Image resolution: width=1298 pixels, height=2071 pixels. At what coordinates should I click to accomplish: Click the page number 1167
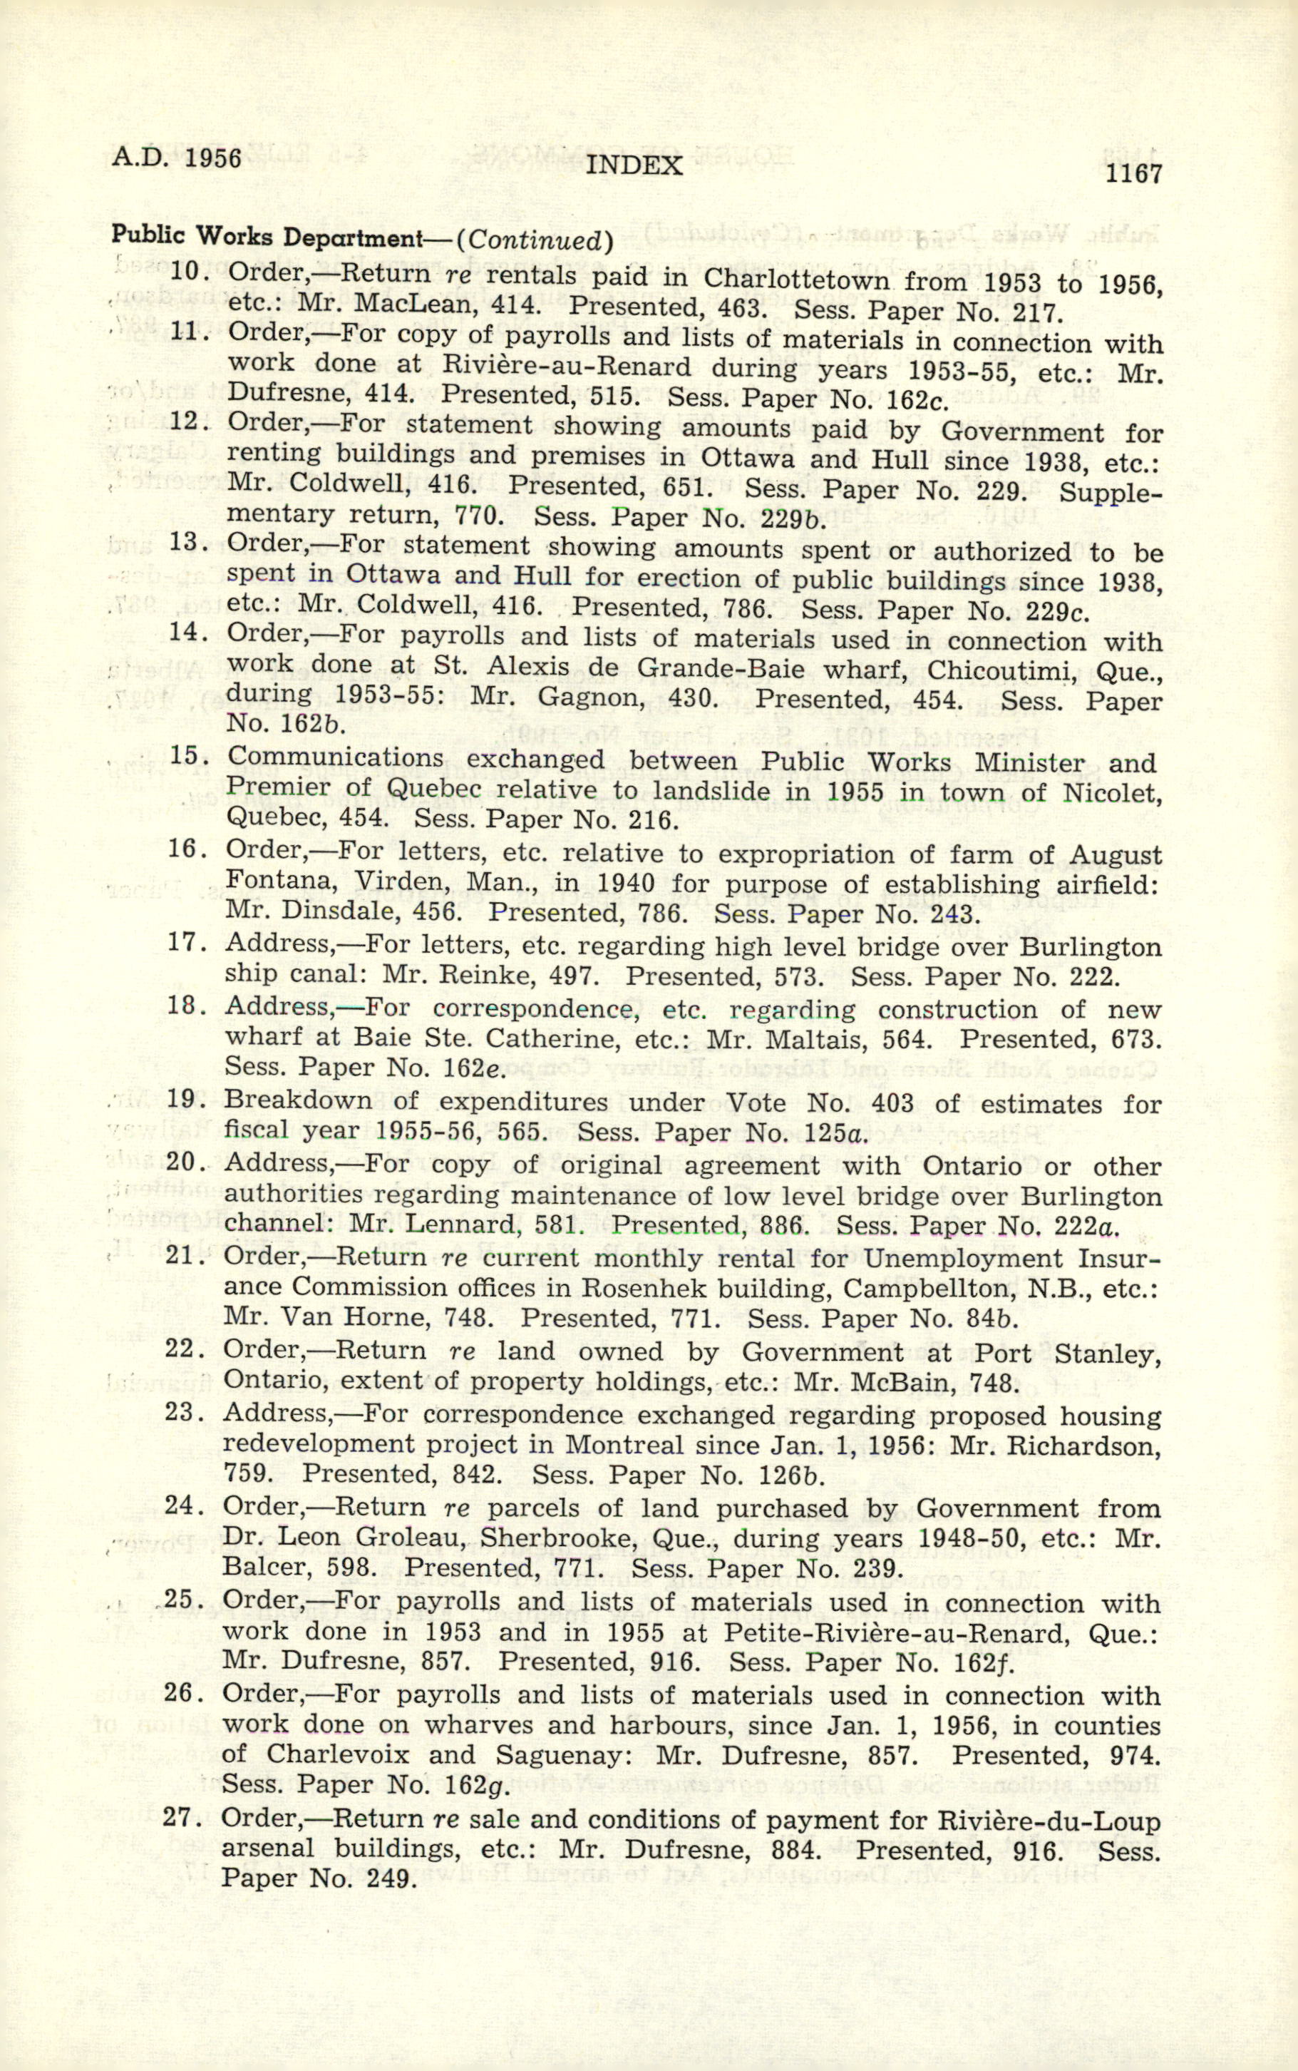[x=1133, y=174]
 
